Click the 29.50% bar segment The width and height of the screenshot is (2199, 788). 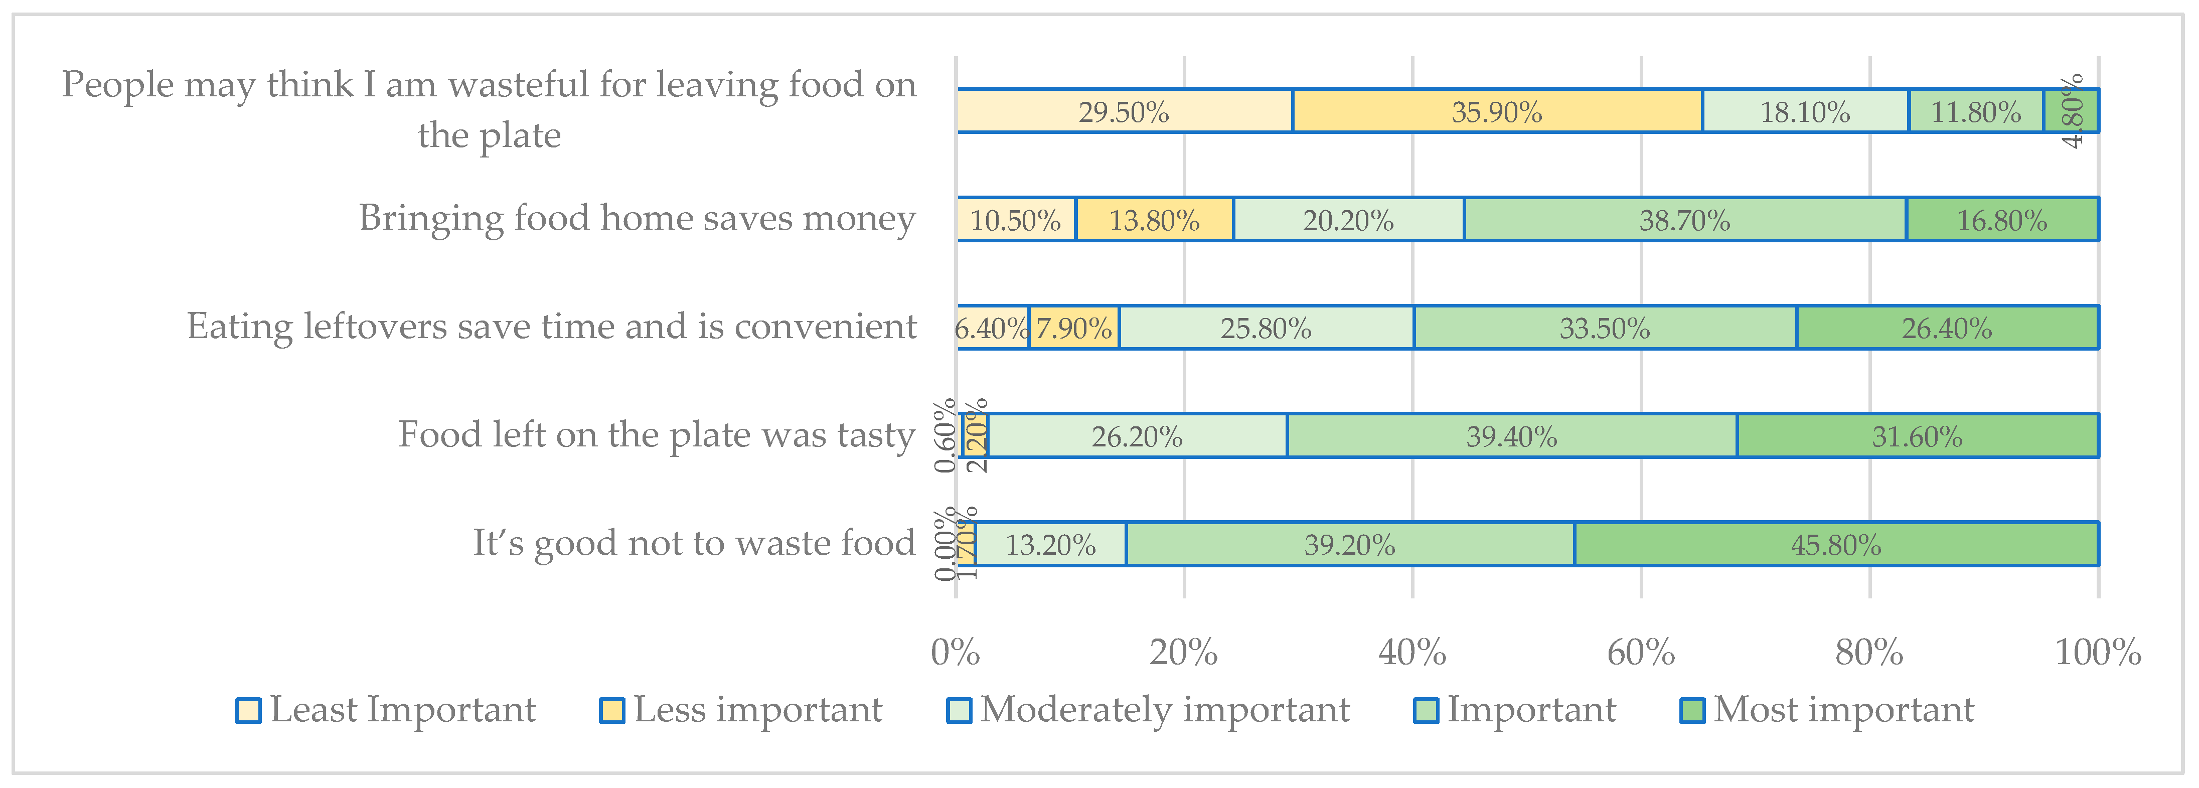pyautogui.click(x=1124, y=111)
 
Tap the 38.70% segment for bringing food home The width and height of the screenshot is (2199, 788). pyautogui.click(x=1684, y=219)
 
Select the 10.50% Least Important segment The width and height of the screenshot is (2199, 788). pyautogui.click(x=1015, y=219)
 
